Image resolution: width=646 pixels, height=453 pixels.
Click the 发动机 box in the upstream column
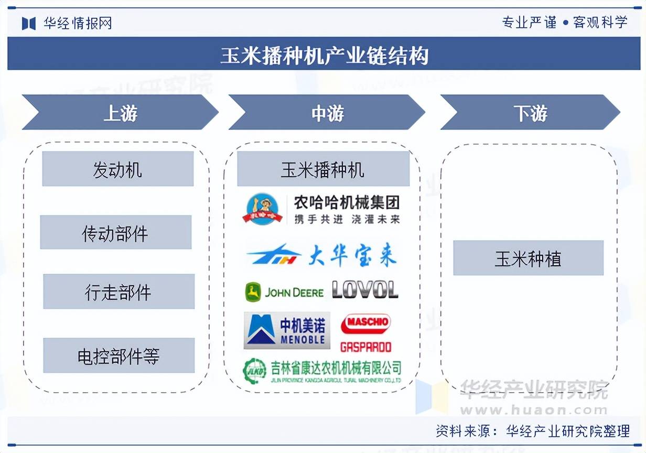(x=117, y=169)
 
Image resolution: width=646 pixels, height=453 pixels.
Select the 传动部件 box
(x=115, y=232)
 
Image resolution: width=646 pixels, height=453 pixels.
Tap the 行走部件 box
(x=119, y=292)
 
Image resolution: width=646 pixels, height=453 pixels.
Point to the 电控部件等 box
(x=119, y=355)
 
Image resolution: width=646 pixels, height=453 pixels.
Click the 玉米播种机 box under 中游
(x=323, y=169)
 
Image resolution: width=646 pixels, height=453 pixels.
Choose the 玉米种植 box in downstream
(x=528, y=258)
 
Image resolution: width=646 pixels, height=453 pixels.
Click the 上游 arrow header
(x=120, y=113)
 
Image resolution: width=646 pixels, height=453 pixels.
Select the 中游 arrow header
(x=327, y=113)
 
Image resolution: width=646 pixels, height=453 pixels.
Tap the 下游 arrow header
(x=530, y=113)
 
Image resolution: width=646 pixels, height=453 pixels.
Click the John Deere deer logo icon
(x=253, y=292)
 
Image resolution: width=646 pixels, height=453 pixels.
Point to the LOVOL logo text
(x=365, y=290)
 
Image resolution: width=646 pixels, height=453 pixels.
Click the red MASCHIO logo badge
(x=366, y=323)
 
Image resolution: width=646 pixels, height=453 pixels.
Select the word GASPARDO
(x=366, y=347)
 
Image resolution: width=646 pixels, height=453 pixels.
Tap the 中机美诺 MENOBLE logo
(x=287, y=330)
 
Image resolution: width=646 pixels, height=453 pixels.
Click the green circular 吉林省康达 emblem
(x=254, y=371)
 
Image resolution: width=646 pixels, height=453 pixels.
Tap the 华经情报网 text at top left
(x=77, y=23)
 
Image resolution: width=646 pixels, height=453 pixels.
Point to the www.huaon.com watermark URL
(x=534, y=409)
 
